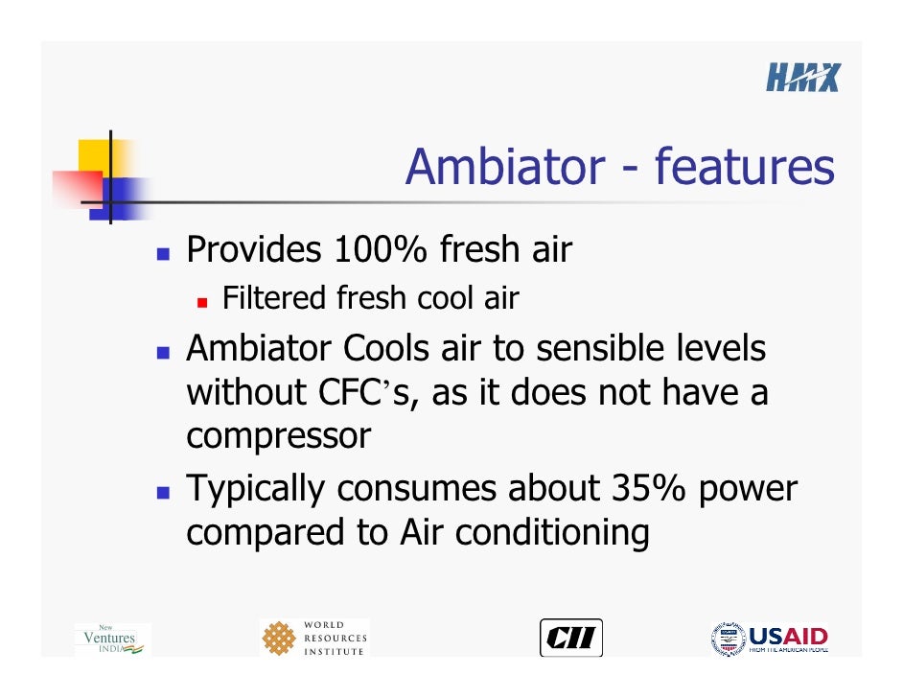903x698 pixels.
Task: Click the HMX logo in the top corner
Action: click(x=802, y=77)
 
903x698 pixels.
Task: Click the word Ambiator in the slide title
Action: click(x=503, y=167)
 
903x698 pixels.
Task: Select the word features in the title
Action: click(x=744, y=167)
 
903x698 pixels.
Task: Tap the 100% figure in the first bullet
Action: click(x=381, y=250)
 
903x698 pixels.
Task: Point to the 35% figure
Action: click(x=649, y=488)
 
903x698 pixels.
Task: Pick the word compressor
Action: click(x=278, y=436)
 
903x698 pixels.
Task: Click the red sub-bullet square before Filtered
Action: click(x=202, y=302)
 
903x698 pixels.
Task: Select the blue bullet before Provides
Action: click(x=163, y=254)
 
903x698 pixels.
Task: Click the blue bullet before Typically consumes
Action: click(x=163, y=492)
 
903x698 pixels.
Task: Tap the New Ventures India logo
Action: click(x=111, y=639)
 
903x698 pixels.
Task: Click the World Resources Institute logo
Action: click(x=313, y=639)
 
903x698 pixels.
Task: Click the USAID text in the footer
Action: click(x=788, y=636)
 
